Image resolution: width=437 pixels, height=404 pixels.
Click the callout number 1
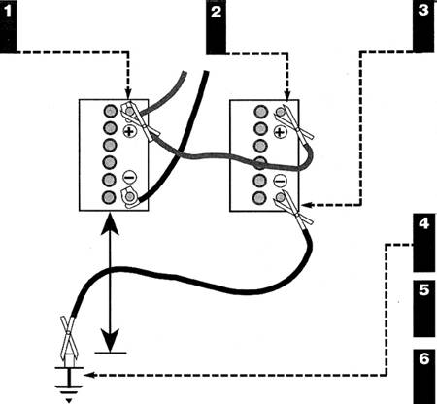pyautogui.click(x=8, y=12)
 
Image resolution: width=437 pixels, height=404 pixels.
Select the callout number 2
pyautogui.click(x=216, y=12)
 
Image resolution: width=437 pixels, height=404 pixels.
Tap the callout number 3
pyautogui.click(x=423, y=10)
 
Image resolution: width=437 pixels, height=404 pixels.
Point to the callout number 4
pyautogui.click(x=423, y=223)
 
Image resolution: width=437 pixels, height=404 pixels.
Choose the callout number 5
pyautogui.click(x=423, y=289)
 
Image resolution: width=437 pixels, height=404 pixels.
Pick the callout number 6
pyautogui.click(x=423, y=358)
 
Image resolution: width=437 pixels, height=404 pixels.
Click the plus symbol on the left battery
pyautogui.click(x=129, y=131)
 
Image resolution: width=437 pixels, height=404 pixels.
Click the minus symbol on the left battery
pyautogui.click(x=129, y=177)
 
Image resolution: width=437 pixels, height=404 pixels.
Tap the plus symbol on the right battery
pyautogui.click(x=281, y=132)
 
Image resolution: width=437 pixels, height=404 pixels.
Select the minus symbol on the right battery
pyautogui.click(x=280, y=181)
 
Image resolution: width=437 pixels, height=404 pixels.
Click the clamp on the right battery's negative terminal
pyautogui.click(x=293, y=210)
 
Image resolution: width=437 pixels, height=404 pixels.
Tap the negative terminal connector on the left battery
pyautogui.click(x=129, y=197)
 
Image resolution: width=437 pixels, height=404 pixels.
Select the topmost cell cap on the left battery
pyautogui.click(x=110, y=111)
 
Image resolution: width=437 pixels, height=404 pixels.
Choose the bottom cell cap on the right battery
pyautogui.click(x=260, y=198)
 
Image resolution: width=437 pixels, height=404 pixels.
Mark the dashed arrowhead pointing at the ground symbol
pyautogui.click(x=88, y=375)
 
